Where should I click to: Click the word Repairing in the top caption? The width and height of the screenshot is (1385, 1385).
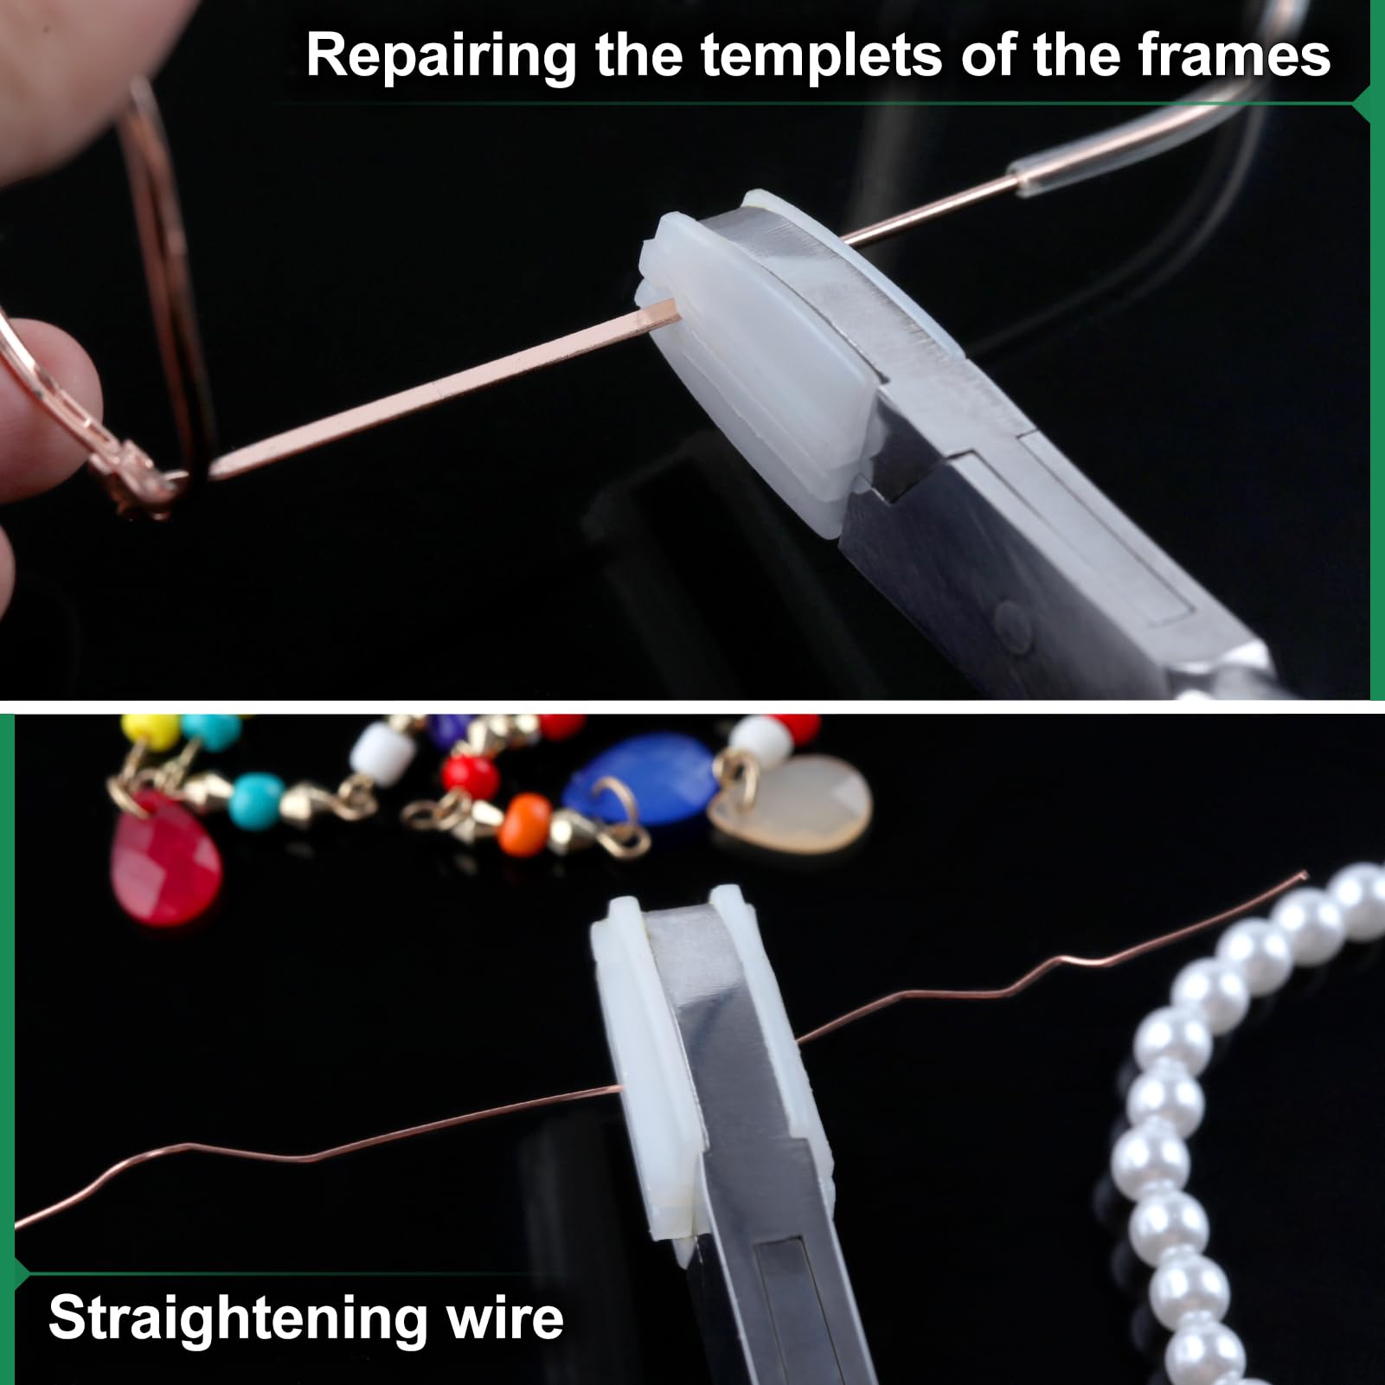tap(441, 57)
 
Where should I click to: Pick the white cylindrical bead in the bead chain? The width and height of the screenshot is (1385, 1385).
tap(375, 741)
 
